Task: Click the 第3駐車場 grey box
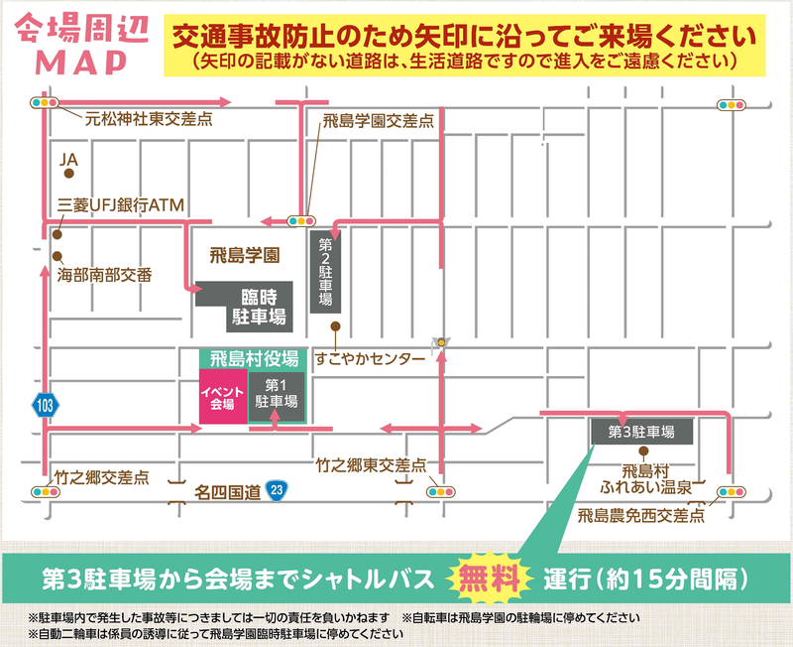(641, 432)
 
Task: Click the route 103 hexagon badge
(44, 405)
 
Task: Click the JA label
(68, 159)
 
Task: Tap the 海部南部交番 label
(104, 271)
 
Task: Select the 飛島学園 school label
(245, 255)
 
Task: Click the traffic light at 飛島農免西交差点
(731, 491)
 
